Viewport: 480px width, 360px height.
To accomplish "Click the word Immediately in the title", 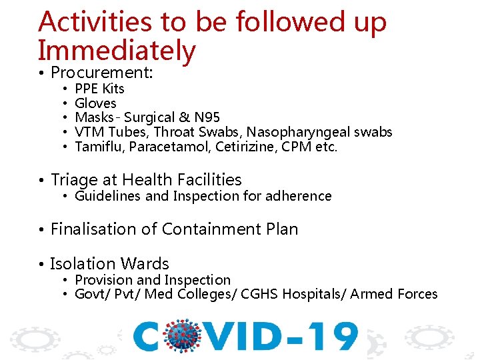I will coord(117,51).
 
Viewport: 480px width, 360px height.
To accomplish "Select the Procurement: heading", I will coord(102,72).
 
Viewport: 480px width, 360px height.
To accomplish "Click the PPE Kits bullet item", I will coord(99,89).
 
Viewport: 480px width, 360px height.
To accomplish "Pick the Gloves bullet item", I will coord(95,103).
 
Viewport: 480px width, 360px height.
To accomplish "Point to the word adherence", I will coord(299,196).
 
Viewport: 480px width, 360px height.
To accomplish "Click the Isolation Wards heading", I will coord(109,263).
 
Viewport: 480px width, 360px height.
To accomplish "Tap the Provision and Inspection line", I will coord(153,280).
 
